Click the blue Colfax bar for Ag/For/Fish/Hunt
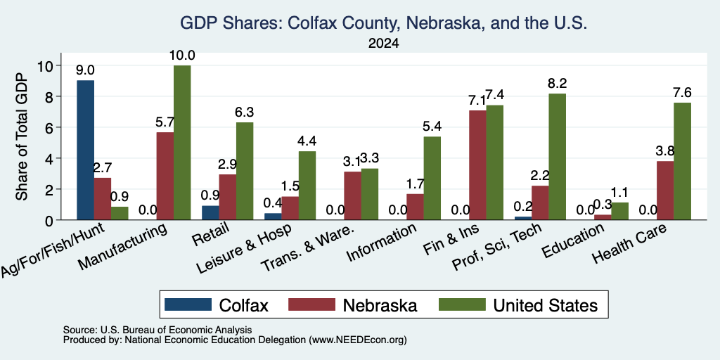point(85,150)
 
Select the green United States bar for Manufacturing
point(182,142)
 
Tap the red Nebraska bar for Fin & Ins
point(477,165)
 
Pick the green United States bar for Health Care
point(682,161)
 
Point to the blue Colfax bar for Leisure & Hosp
point(273,217)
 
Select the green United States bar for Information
point(432,178)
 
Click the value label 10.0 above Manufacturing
point(182,56)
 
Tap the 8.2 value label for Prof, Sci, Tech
point(557,84)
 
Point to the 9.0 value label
point(85,70)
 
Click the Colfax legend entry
point(217,305)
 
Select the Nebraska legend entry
point(353,305)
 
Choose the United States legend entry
point(518,305)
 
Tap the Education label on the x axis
point(572,241)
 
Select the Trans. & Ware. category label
point(307,247)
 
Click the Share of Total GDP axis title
point(22,136)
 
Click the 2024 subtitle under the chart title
point(383,44)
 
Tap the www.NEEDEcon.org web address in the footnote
point(358,340)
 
